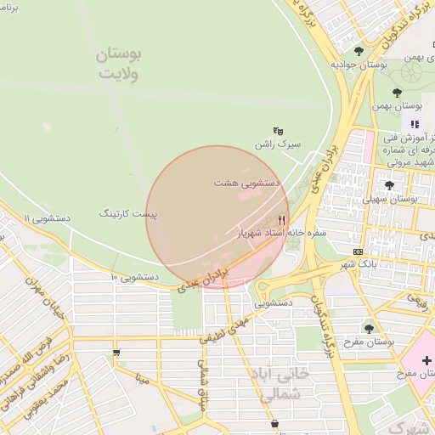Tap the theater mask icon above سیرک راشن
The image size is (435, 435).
[x=278, y=132]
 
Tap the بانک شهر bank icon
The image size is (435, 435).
[x=358, y=251]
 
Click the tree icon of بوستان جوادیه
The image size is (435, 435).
[x=359, y=51]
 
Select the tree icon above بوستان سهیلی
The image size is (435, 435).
[x=389, y=185]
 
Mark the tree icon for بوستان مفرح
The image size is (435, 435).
[x=369, y=328]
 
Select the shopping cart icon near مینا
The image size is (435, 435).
[x=116, y=353]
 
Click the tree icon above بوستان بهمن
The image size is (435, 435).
[x=397, y=93]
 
